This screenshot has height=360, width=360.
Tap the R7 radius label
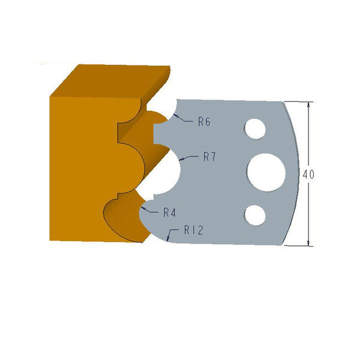click(x=209, y=157)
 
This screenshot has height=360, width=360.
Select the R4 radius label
click(x=169, y=212)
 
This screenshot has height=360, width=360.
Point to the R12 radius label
click(x=193, y=229)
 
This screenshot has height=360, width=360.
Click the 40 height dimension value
click(x=309, y=175)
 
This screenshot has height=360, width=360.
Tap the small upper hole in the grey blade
click(x=254, y=128)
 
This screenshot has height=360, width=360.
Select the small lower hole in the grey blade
click(x=254, y=215)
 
